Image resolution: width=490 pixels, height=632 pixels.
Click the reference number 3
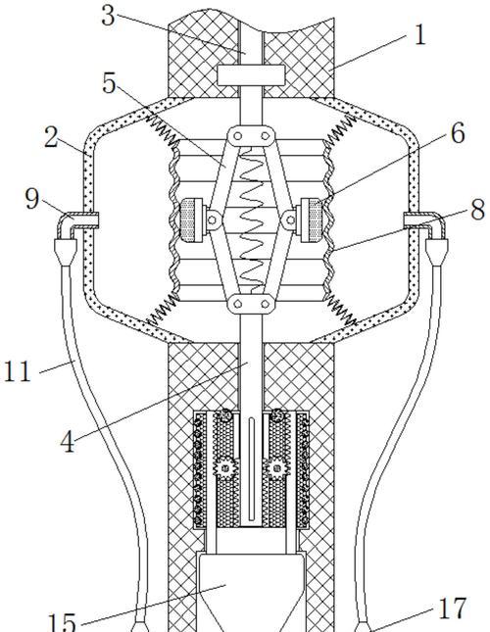pyautogui.click(x=108, y=16)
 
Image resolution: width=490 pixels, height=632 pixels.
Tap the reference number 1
pyautogui.click(x=419, y=34)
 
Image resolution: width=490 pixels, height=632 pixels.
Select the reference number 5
pyautogui.click(x=109, y=83)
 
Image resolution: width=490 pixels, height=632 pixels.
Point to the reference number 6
pyautogui.click(x=458, y=133)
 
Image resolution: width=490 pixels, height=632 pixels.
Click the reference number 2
pyautogui.click(x=51, y=137)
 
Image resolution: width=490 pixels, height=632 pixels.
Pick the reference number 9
pyautogui.click(x=31, y=198)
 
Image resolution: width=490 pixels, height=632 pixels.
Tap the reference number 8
pyautogui.click(x=477, y=210)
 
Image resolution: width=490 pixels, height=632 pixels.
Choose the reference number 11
pyautogui.click(x=17, y=371)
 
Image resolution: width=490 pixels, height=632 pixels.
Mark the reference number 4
pyautogui.click(x=68, y=442)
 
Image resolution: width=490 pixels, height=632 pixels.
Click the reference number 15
pyautogui.click(x=62, y=623)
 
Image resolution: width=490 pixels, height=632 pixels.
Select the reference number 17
pyautogui.click(x=452, y=608)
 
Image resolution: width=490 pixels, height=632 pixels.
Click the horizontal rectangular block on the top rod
pyautogui.click(x=251, y=75)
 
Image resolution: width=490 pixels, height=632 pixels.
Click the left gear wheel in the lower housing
pyautogui.click(x=225, y=468)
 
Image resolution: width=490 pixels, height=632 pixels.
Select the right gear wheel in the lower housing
pyautogui.click(x=276, y=468)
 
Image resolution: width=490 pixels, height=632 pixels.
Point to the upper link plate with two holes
pyautogui.click(x=251, y=136)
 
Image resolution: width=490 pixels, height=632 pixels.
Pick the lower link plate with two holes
pyautogui.click(x=251, y=303)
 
